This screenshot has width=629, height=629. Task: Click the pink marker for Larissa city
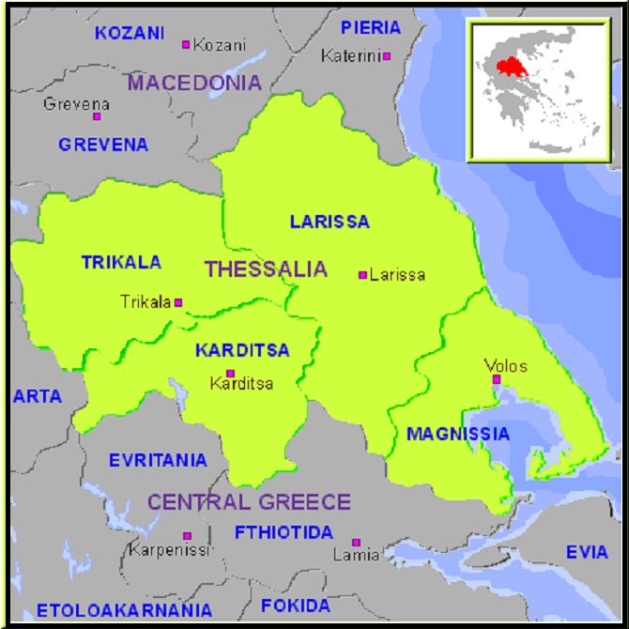coord(362,275)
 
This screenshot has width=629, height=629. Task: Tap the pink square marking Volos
coord(497,379)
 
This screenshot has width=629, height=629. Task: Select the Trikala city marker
coord(178,302)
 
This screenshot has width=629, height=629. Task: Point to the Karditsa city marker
coord(230,373)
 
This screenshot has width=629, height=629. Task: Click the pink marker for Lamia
coord(356,543)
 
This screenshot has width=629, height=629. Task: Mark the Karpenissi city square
coord(187,535)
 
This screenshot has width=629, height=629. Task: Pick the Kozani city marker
coord(186,44)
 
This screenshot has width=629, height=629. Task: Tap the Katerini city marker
coord(386,56)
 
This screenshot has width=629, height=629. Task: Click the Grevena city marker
coord(96,116)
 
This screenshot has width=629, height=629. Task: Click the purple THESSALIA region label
coord(266,269)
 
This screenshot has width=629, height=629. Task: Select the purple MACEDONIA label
coord(194,83)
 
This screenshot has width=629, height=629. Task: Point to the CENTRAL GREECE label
coord(249,501)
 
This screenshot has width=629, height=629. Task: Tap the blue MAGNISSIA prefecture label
coord(458,434)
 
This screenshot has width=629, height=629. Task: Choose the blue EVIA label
coord(587,552)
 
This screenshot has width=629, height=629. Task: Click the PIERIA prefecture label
coord(371,27)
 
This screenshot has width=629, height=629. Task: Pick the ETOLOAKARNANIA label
coord(111,608)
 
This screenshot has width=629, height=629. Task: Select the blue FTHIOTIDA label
coord(284,532)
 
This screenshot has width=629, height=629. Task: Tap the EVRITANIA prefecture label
coord(158,460)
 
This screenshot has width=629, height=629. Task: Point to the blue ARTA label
coord(37,396)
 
